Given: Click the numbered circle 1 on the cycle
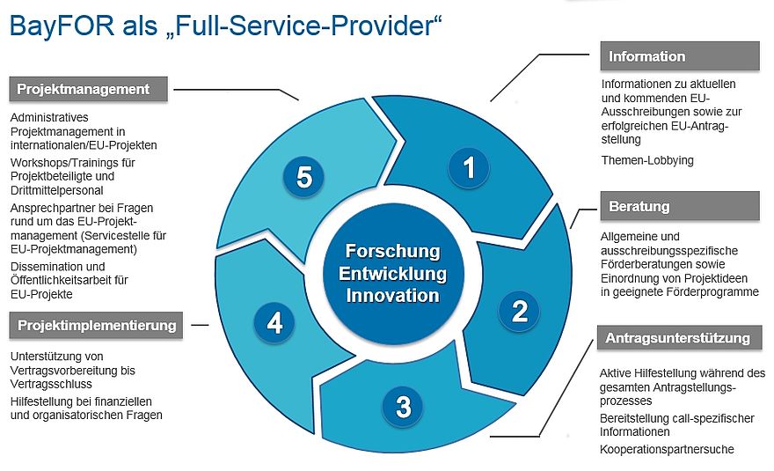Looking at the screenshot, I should [x=469, y=167].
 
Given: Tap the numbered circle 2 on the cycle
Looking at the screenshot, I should [x=520, y=310].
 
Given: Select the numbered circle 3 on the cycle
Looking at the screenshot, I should [x=403, y=407].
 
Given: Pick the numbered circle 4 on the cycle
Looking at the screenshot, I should [x=274, y=324].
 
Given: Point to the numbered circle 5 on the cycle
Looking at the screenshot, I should [x=303, y=178].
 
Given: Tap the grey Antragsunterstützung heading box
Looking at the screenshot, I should [x=677, y=338].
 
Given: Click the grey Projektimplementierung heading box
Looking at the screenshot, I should [x=97, y=325].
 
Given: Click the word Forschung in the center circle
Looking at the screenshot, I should [x=392, y=251].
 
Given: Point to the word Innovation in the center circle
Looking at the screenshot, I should [x=392, y=295].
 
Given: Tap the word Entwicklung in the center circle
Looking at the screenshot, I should [x=392, y=273].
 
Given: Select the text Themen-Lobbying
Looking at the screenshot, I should [x=647, y=160].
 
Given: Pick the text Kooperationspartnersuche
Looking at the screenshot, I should [x=667, y=449].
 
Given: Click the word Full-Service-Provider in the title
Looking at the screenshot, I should [x=298, y=26].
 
